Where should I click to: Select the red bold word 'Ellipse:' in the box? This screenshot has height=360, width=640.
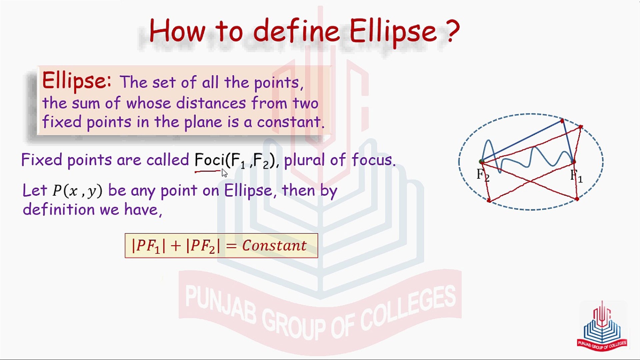pyautogui.click(x=77, y=81)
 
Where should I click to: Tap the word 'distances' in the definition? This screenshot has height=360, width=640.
pyautogui.click(x=211, y=103)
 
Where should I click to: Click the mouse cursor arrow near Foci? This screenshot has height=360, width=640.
pyautogui.click(x=224, y=173)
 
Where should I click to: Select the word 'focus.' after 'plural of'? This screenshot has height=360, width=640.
pyautogui.click(x=374, y=160)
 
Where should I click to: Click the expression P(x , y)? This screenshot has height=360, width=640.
pyautogui.click(x=77, y=191)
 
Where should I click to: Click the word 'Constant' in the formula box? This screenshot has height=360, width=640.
pyautogui.click(x=274, y=246)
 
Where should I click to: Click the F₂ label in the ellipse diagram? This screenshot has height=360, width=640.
pyautogui.click(x=483, y=175)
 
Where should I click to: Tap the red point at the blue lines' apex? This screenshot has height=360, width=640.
pyautogui.click(x=562, y=121)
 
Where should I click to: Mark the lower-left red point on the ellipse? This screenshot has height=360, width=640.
pyautogui.click(x=489, y=200)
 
